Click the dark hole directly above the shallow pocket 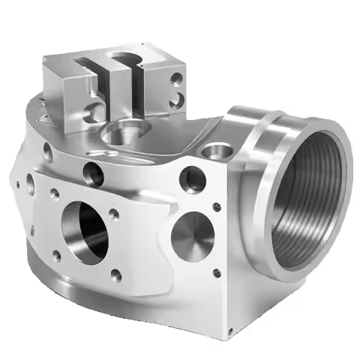coord(192,179)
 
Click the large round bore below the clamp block coord(120,135)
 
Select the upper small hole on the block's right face coord(176,77)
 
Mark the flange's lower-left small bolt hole coord(56,256)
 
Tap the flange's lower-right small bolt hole coord(115,276)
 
